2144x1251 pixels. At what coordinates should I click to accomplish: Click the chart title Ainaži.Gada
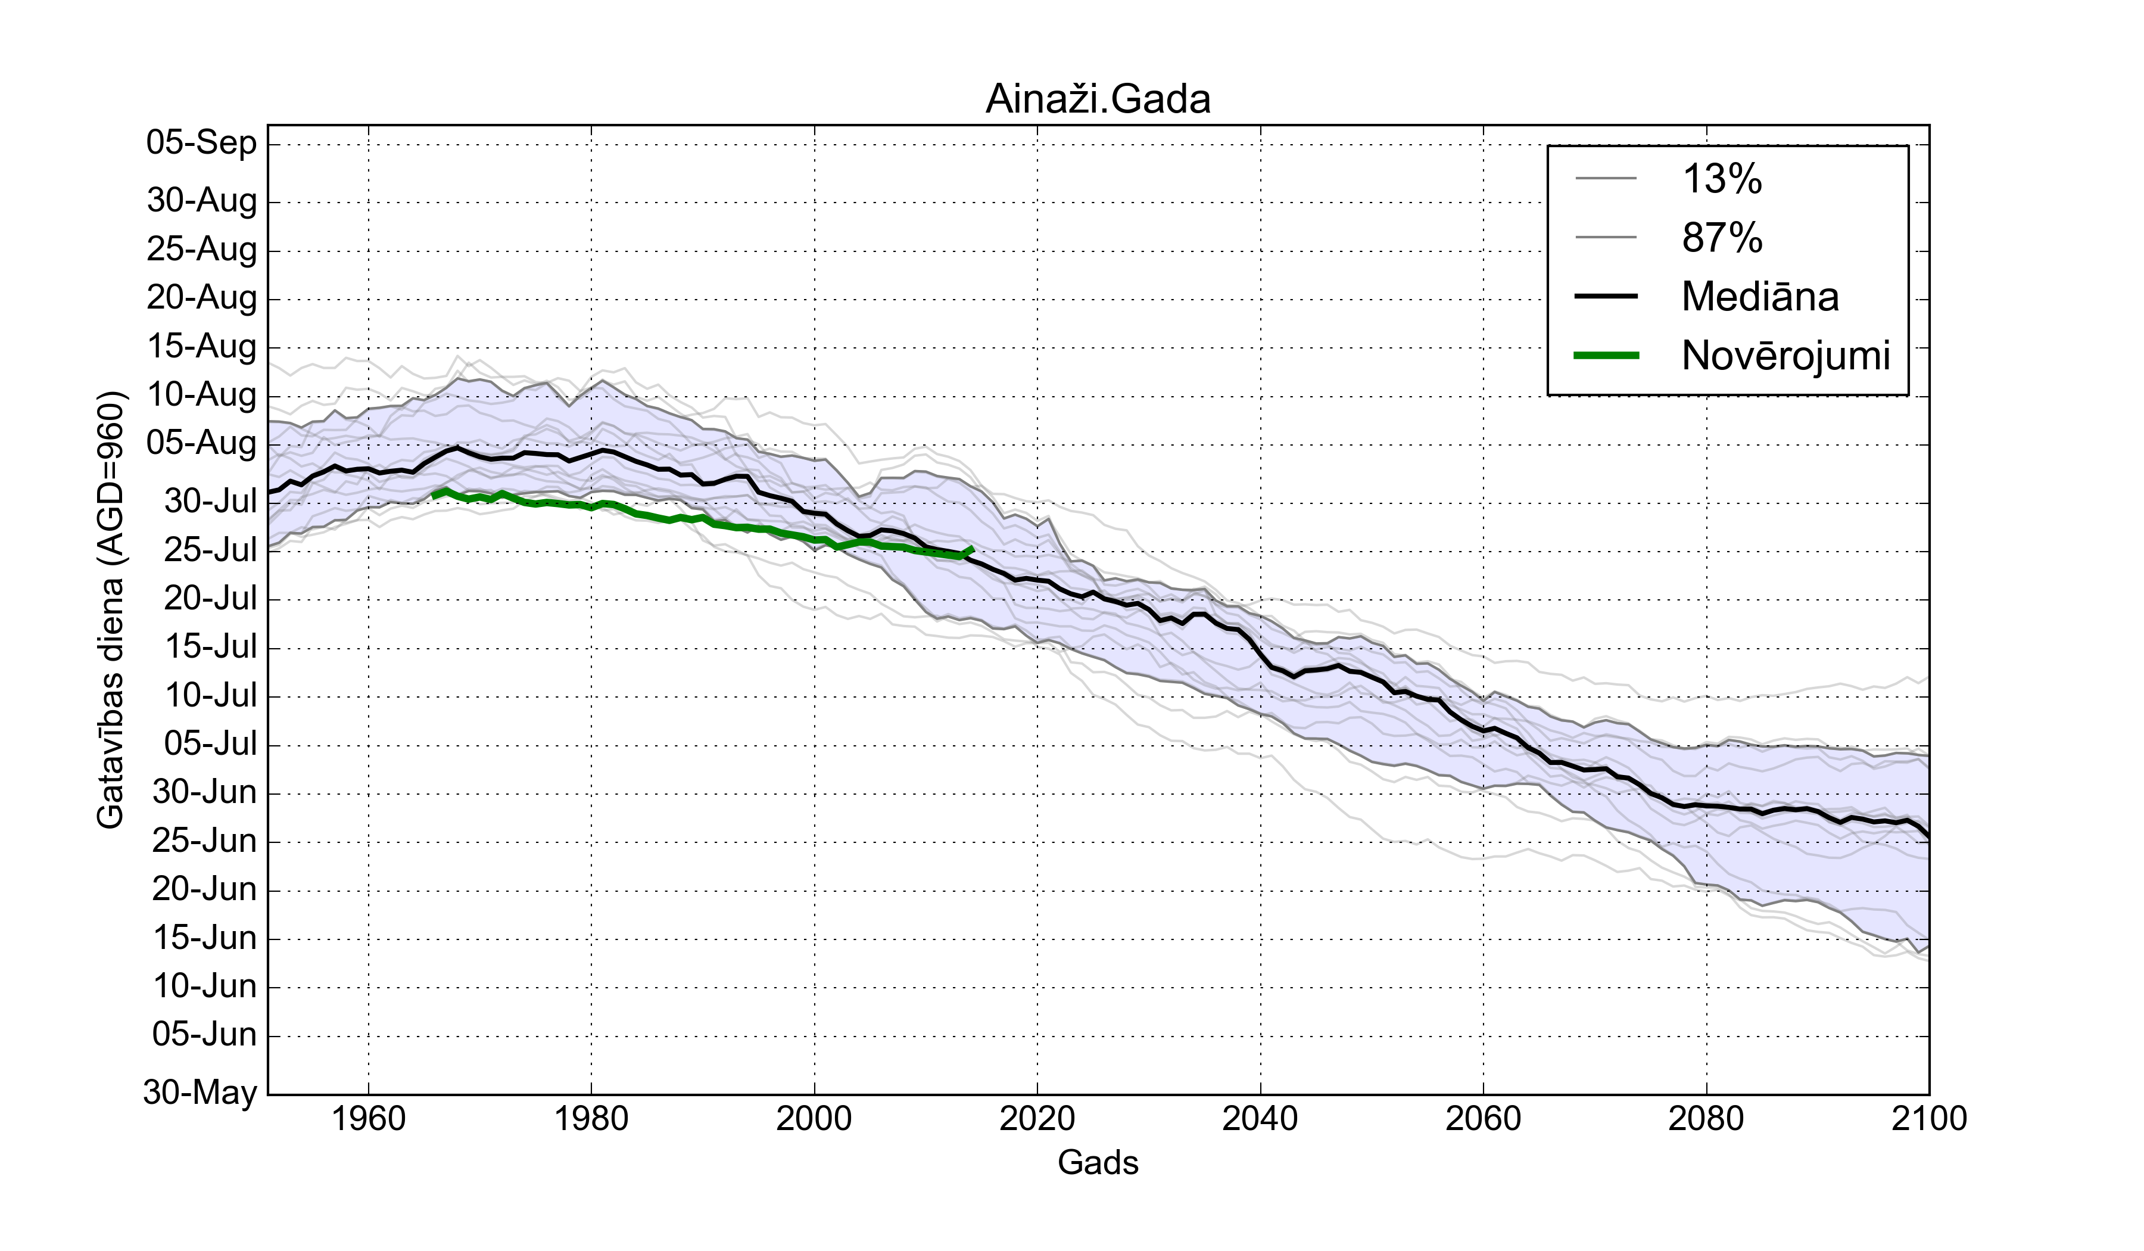[1098, 99]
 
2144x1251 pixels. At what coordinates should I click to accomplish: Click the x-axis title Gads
[1098, 1162]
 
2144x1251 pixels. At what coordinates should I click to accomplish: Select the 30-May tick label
[200, 1092]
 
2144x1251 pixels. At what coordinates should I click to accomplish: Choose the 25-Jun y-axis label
[204, 841]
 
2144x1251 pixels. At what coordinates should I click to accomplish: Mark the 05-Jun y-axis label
[204, 1035]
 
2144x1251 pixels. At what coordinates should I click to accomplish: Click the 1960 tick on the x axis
[369, 1118]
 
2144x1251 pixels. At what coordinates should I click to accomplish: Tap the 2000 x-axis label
[814, 1118]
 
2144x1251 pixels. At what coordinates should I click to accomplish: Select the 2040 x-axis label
[1260, 1118]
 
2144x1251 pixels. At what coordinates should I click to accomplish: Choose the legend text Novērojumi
[1785, 356]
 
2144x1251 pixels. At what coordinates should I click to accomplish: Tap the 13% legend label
[1722, 179]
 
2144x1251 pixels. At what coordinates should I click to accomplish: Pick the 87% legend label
[1722, 238]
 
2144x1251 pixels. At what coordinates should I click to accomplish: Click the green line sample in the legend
[1606, 356]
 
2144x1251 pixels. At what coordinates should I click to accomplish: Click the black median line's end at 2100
[1928, 838]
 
